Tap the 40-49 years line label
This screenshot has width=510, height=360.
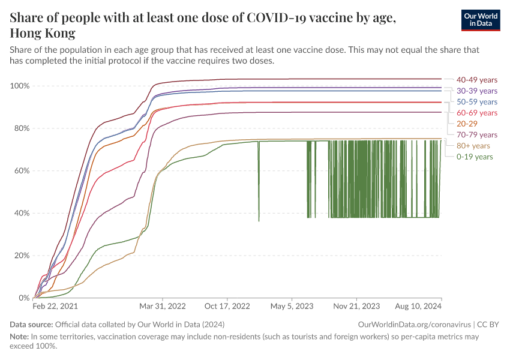[x=476, y=79]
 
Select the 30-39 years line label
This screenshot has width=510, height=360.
[x=476, y=91]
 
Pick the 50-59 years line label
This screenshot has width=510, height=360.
[x=476, y=102]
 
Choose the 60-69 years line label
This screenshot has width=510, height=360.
[x=476, y=113]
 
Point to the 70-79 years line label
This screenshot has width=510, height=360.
[x=476, y=134]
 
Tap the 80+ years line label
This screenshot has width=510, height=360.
[x=473, y=146]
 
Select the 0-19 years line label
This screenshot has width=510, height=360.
[x=474, y=157]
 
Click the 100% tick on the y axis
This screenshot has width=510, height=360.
[x=20, y=86]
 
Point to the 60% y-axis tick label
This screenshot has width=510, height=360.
[x=22, y=170]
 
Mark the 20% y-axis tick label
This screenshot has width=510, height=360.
[x=22, y=255]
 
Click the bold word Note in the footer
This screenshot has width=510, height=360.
[x=19, y=337]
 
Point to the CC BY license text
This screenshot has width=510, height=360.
[x=491, y=325]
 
